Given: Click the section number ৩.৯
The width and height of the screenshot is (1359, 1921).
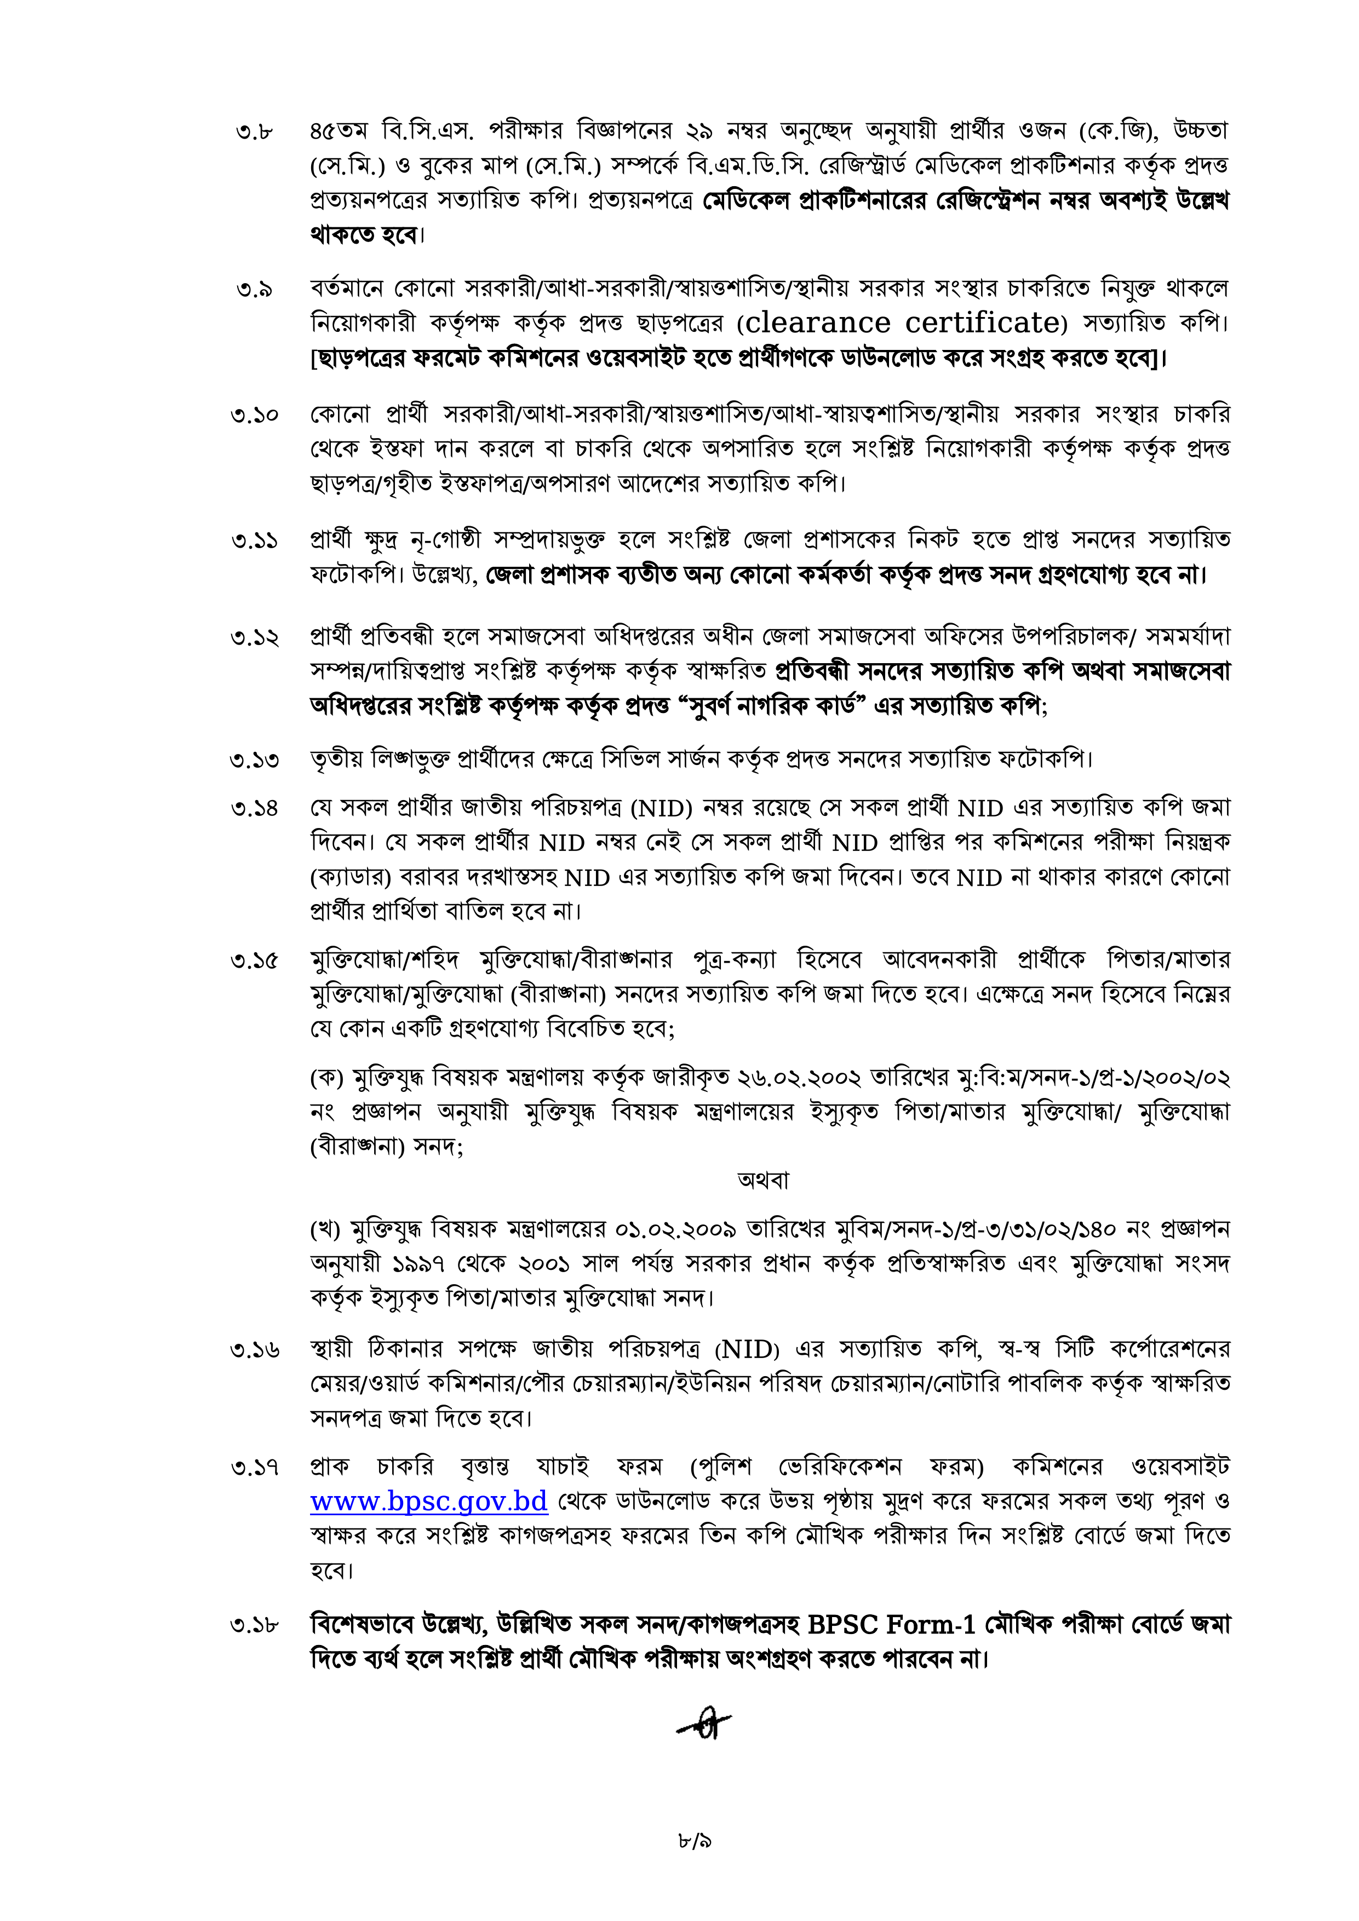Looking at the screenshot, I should tap(254, 290).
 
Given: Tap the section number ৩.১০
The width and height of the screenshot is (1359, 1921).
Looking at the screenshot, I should tap(254, 415).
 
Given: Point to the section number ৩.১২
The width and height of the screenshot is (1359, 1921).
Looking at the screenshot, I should tap(254, 637).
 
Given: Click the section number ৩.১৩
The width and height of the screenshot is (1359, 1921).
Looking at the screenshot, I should tap(254, 761).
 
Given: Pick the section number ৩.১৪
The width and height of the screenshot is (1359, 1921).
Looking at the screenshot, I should tap(254, 809).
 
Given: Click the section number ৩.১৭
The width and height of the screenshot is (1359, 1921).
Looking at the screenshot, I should tap(254, 1468).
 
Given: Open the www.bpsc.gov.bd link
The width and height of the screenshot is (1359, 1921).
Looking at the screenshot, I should tap(428, 1501).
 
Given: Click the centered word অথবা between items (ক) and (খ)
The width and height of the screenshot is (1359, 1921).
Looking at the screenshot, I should tap(763, 1181).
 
